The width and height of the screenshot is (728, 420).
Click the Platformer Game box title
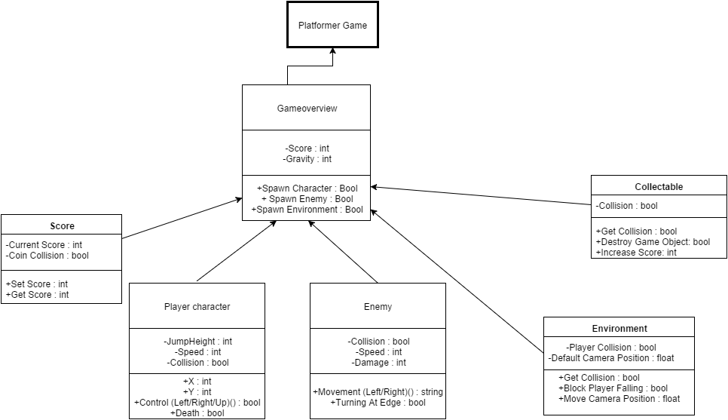point(332,26)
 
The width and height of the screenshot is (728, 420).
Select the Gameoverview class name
point(307,109)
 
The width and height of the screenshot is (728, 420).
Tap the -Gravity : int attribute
point(307,159)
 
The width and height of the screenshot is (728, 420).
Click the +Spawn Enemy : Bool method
point(307,199)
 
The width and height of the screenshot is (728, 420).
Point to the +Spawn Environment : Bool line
point(307,210)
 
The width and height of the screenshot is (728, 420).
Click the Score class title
point(62,225)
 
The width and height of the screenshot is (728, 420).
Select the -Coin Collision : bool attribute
point(47,256)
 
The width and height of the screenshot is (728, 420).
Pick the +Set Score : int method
point(38,284)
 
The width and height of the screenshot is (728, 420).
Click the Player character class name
point(197,307)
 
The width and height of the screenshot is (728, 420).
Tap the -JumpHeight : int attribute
point(197,342)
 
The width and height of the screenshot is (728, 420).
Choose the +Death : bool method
point(197,413)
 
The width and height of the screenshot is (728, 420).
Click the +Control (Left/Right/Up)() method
point(197,403)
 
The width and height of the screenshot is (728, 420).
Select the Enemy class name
point(378,307)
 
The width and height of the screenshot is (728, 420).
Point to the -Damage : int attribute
point(378,363)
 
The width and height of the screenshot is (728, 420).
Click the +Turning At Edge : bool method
point(378,403)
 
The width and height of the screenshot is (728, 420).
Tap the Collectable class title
point(659,186)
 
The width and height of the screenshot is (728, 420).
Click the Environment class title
point(619,329)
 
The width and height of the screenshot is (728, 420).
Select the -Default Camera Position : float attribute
point(611,357)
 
